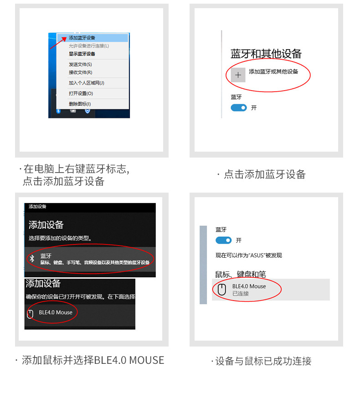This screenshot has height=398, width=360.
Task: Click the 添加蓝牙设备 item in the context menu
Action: (82, 38)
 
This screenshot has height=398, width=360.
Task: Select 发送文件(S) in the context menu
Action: (80, 65)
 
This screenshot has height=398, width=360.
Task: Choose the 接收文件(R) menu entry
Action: (80, 72)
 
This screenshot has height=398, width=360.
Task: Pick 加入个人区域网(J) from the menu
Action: (87, 83)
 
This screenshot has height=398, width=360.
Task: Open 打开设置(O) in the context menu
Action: (81, 93)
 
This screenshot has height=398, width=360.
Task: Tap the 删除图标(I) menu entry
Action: (80, 104)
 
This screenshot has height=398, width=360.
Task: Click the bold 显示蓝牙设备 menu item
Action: (82, 54)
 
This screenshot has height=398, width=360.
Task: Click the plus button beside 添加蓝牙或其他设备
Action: (238, 75)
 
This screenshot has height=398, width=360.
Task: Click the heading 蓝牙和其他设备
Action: (266, 54)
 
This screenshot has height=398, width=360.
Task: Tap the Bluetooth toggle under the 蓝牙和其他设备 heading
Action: (239, 107)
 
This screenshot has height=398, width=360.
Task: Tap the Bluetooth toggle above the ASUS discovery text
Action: (223, 240)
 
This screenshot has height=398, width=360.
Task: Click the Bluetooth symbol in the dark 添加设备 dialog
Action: (32, 259)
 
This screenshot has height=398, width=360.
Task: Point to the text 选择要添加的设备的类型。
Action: (60, 238)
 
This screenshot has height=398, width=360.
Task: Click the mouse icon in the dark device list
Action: (31, 314)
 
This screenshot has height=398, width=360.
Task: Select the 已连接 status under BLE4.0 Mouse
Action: (241, 294)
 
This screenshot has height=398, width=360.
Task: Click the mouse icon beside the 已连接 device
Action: (222, 290)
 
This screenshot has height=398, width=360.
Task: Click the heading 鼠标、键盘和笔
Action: (240, 274)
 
